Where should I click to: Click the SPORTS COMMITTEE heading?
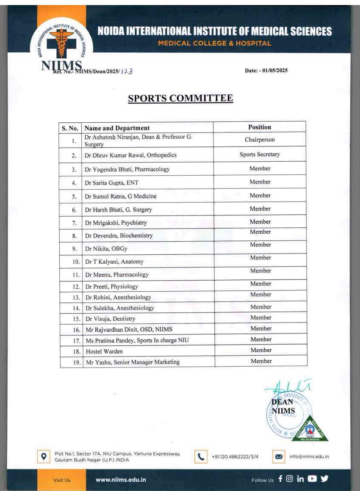point(180,99)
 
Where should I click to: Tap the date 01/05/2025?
point(274,71)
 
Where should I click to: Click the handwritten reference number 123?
point(127,72)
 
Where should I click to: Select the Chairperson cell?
point(260,140)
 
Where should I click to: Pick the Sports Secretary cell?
point(260,154)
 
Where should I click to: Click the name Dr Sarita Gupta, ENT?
point(112,183)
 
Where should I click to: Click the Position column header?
point(260,127)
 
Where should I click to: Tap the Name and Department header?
point(117,128)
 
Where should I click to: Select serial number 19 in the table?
point(77,362)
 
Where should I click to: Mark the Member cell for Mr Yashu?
point(261,361)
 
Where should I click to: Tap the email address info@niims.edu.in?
point(309,457)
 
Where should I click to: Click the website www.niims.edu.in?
point(121,480)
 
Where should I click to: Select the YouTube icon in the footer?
point(312,479)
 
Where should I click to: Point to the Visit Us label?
point(61,480)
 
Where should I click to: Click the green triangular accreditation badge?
point(310,430)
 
